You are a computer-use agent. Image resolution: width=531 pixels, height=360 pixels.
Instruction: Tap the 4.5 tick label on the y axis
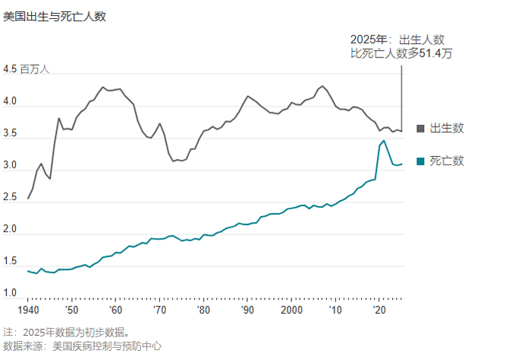10,69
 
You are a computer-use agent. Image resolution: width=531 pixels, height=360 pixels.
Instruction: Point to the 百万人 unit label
35,70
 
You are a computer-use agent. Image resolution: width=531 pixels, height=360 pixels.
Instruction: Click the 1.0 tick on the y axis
10,293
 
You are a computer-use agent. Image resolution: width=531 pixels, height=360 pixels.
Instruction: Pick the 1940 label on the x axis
28,311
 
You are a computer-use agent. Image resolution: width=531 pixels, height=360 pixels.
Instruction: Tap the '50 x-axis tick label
71,311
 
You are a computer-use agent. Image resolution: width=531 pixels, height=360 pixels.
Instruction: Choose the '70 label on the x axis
159,311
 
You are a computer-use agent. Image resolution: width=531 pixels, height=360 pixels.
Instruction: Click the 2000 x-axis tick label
291,311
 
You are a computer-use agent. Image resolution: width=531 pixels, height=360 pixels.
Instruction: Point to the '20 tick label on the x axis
379,311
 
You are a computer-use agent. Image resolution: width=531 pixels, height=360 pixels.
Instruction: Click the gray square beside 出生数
421,128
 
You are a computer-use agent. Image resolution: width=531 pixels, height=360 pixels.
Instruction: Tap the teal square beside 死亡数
421,161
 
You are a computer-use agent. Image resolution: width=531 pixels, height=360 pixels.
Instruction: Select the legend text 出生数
447,128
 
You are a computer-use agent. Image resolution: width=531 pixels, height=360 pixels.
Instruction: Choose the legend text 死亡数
447,161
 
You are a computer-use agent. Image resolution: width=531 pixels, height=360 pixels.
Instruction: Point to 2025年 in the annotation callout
369,39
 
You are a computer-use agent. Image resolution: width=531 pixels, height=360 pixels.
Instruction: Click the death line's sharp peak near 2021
384,140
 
